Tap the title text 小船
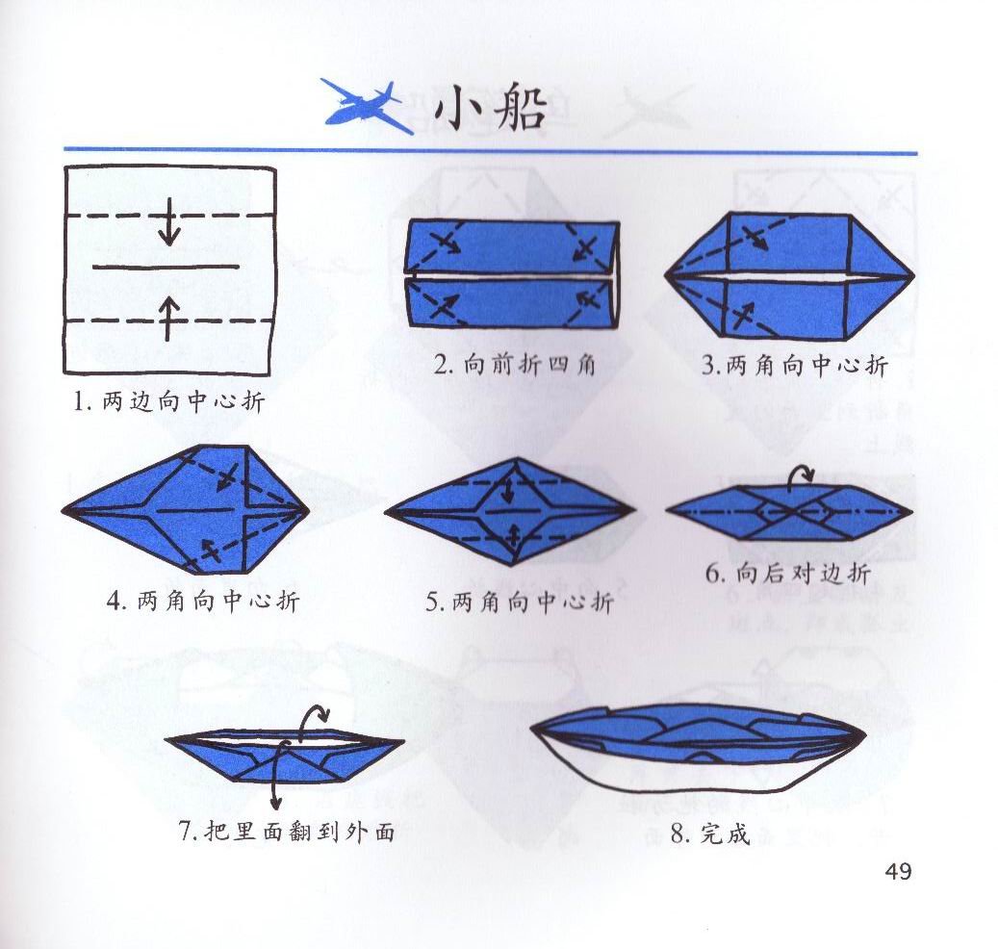pyautogui.click(x=490, y=108)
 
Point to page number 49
pyautogui.click(x=898, y=870)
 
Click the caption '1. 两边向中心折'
pyautogui.click(x=168, y=401)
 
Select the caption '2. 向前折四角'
pyautogui.click(x=514, y=365)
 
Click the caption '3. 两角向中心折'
pyautogui.click(x=794, y=365)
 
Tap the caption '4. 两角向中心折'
pyautogui.click(x=203, y=601)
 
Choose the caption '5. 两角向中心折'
pyautogui.click(x=520, y=602)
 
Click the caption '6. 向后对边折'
pyautogui.click(x=787, y=574)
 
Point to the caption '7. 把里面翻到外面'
pyautogui.click(x=287, y=831)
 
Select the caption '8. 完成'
pyautogui.click(x=709, y=834)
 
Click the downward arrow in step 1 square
pyautogui.click(x=168, y=221)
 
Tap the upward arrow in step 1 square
pyautogui.click(x=167, y=317)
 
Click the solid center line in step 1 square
pyautogui.click(x=166, y=267)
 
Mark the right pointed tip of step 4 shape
pyautogui.click(x=309, y=510)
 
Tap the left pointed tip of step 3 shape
pyautogui.click(x=665, y=276)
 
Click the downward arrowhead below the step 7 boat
pyautogui.click(x=275, y=804)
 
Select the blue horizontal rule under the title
pyautogui.click(x=490, y=151)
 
